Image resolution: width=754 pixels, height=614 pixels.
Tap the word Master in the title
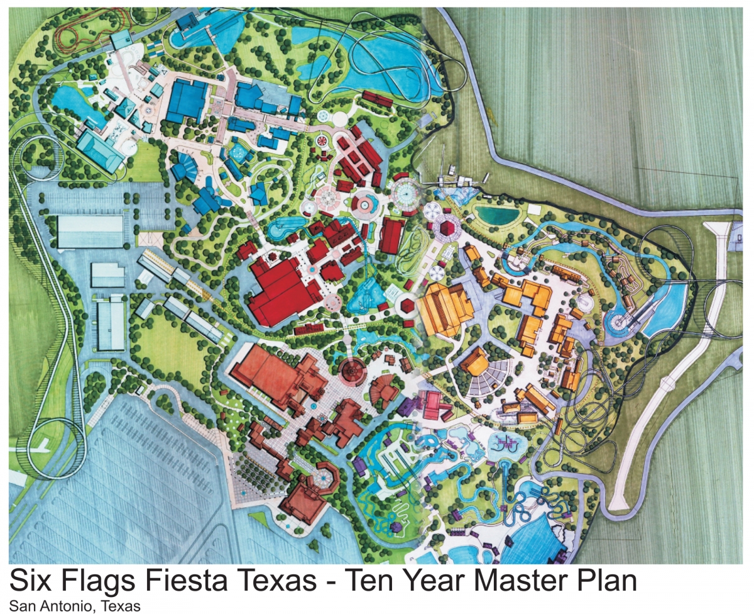coord(501,581)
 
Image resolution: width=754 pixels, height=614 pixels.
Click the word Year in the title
coord(409,581)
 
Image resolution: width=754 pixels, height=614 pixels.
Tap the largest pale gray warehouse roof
coord(90,232)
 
